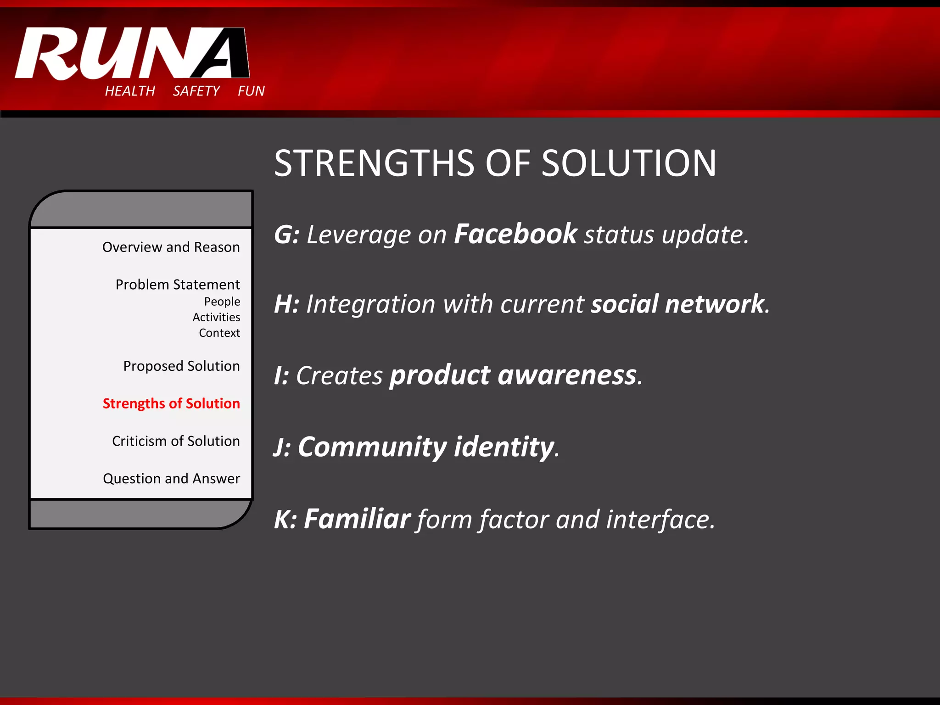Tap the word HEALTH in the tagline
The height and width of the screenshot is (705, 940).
pos(130,91)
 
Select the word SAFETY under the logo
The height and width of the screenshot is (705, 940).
pos(196,91)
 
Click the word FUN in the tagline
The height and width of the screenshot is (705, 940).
pos(251,91)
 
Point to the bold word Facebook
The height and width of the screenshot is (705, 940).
pos(515,234)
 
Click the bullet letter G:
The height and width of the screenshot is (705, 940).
pos(286,235)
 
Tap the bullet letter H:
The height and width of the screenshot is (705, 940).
pos(286,304)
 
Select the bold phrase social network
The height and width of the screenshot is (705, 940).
pos(677,304)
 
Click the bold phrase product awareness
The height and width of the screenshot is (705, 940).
pos(513,375)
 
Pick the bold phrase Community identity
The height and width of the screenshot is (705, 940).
pos(426,447)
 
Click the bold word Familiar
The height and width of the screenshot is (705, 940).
pos(357,519)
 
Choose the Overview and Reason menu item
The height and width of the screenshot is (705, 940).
pos(171,247)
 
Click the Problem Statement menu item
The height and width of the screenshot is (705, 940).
pos(178,285)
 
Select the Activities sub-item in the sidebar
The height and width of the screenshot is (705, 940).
pos(216,317)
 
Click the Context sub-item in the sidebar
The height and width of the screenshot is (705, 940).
pos(219,333)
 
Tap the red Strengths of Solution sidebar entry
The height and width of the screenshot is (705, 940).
pos(171,403)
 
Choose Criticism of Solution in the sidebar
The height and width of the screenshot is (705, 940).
pos(176,441)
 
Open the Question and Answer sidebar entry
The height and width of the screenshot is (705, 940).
pos(171,479)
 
